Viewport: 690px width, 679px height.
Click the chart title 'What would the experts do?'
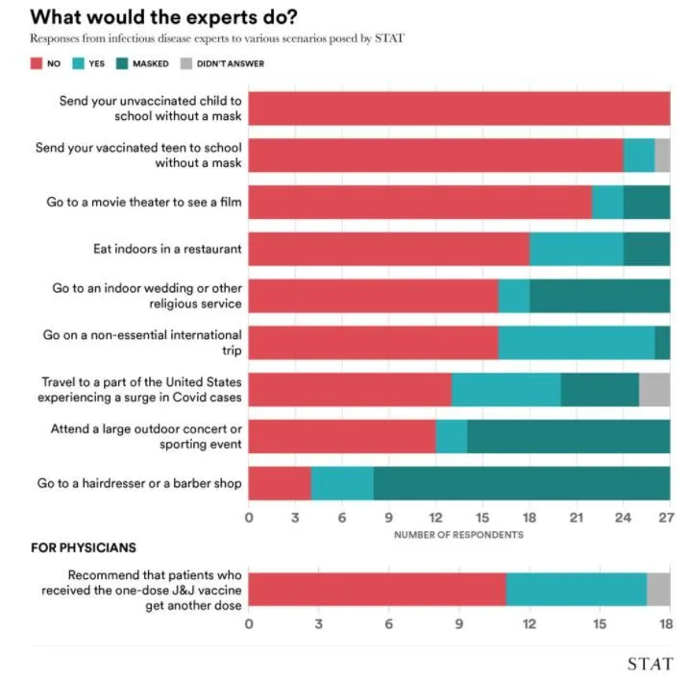tap(164, 16)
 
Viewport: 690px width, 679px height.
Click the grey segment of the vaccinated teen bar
tap(662, 155)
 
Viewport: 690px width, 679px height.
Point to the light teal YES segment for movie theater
tap(607, 202)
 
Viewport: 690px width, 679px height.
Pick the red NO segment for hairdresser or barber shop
tap(280, 483)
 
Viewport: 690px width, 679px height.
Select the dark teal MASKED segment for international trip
tap(662, 343)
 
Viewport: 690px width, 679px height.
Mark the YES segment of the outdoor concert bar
tap(451, 436)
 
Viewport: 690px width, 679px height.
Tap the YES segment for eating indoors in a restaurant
tap(577, 249)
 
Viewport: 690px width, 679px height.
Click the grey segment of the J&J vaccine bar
tap(658, 588)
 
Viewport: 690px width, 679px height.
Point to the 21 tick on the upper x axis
tap(576, 518)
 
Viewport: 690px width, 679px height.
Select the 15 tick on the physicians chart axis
tap(600, 623)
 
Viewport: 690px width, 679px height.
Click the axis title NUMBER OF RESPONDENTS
tap(458, 534)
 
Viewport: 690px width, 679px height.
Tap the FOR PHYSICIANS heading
tap(84, 548)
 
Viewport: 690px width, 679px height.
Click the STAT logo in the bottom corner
tap(650, 664)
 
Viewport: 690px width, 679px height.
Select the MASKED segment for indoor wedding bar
tap(600, 296)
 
